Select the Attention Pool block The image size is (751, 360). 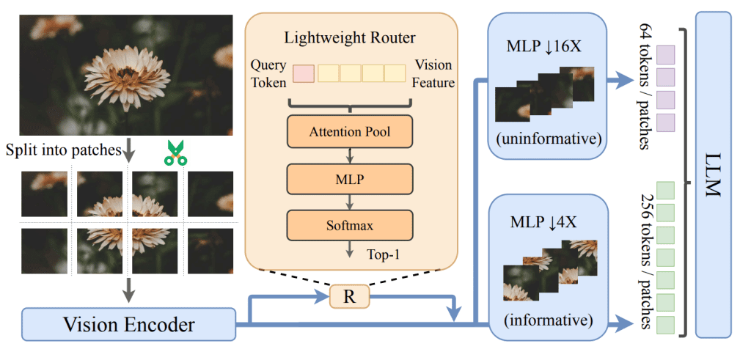pyautogui.click(x=350, y=133)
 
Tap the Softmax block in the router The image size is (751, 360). pyautogui.click(x=350, y=222)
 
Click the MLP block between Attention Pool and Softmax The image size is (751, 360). pyautogui.click(x=350, y=177)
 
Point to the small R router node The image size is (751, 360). pyautogui.click(x=351, y=297)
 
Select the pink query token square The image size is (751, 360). pyautogui.click(x=304, y=73)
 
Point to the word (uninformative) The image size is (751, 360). pyautogui.click(x=546, y=137)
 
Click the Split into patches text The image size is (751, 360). pyautogui.click(x=62, y=151)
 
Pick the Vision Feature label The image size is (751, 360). pyautogui.click(x=434, y=73)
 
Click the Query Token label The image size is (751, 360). pyautogui.click(x=268, y=73)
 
